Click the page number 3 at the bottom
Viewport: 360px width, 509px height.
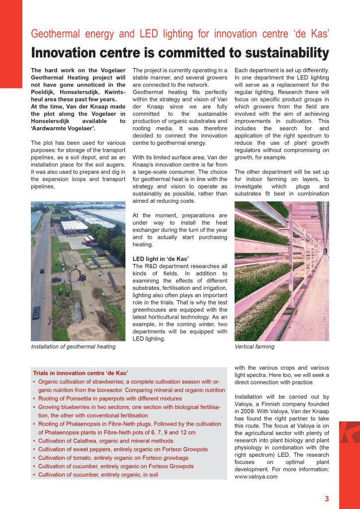coord(326,499)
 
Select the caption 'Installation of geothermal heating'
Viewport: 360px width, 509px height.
coord(73,346)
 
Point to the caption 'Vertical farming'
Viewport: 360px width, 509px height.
coord(254,346)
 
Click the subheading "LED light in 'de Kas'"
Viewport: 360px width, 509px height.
coord(161,259)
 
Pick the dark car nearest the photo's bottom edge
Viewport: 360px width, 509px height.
coord(36,313)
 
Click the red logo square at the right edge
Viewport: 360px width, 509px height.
coord(350,432)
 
